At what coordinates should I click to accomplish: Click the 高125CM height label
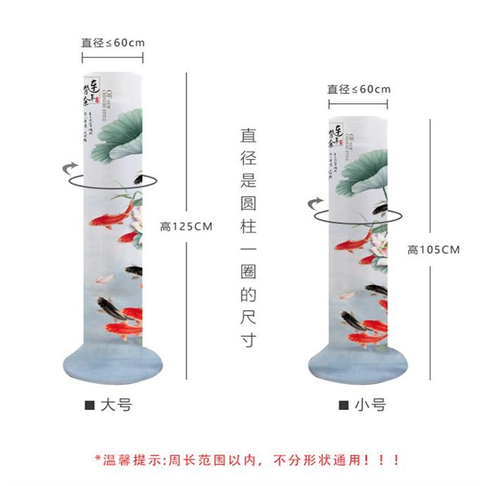click(186, 227)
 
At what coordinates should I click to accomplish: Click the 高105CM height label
click(434, 249)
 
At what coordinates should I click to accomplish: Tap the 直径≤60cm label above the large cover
click(113, 43)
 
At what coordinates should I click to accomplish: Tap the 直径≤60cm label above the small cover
click(359, 89)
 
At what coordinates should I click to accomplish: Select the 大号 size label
click(116, 403)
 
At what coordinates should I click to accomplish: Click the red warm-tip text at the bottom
click(247, 459)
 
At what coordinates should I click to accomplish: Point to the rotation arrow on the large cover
click(72, 166)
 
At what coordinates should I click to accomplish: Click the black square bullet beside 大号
click(89, 404)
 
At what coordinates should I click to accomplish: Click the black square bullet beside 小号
click(343, 404)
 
